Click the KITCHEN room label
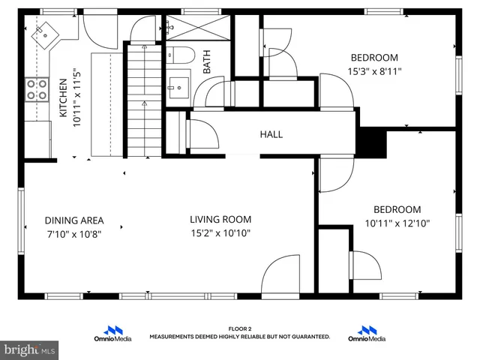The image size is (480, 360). point(64,100)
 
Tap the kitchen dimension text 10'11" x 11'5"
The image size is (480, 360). point(76,99)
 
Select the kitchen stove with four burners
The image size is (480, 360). point(37,90)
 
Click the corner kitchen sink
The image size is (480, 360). point(44,33)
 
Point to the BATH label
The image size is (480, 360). point(206,61)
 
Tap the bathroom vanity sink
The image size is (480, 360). point(179,84)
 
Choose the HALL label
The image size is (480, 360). point(271,135)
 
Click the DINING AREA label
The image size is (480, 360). point(73,220)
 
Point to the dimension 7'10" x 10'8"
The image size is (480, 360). point(73,233)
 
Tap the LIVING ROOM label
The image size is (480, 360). point(220,220)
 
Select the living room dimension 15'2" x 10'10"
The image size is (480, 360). point(220,233)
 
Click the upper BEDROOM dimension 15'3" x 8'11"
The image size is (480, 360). point(374,72)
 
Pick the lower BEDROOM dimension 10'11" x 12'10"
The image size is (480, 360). point(397,223)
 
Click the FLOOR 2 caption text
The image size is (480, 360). point(240,328)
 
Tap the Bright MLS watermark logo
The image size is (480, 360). point(30,349)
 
